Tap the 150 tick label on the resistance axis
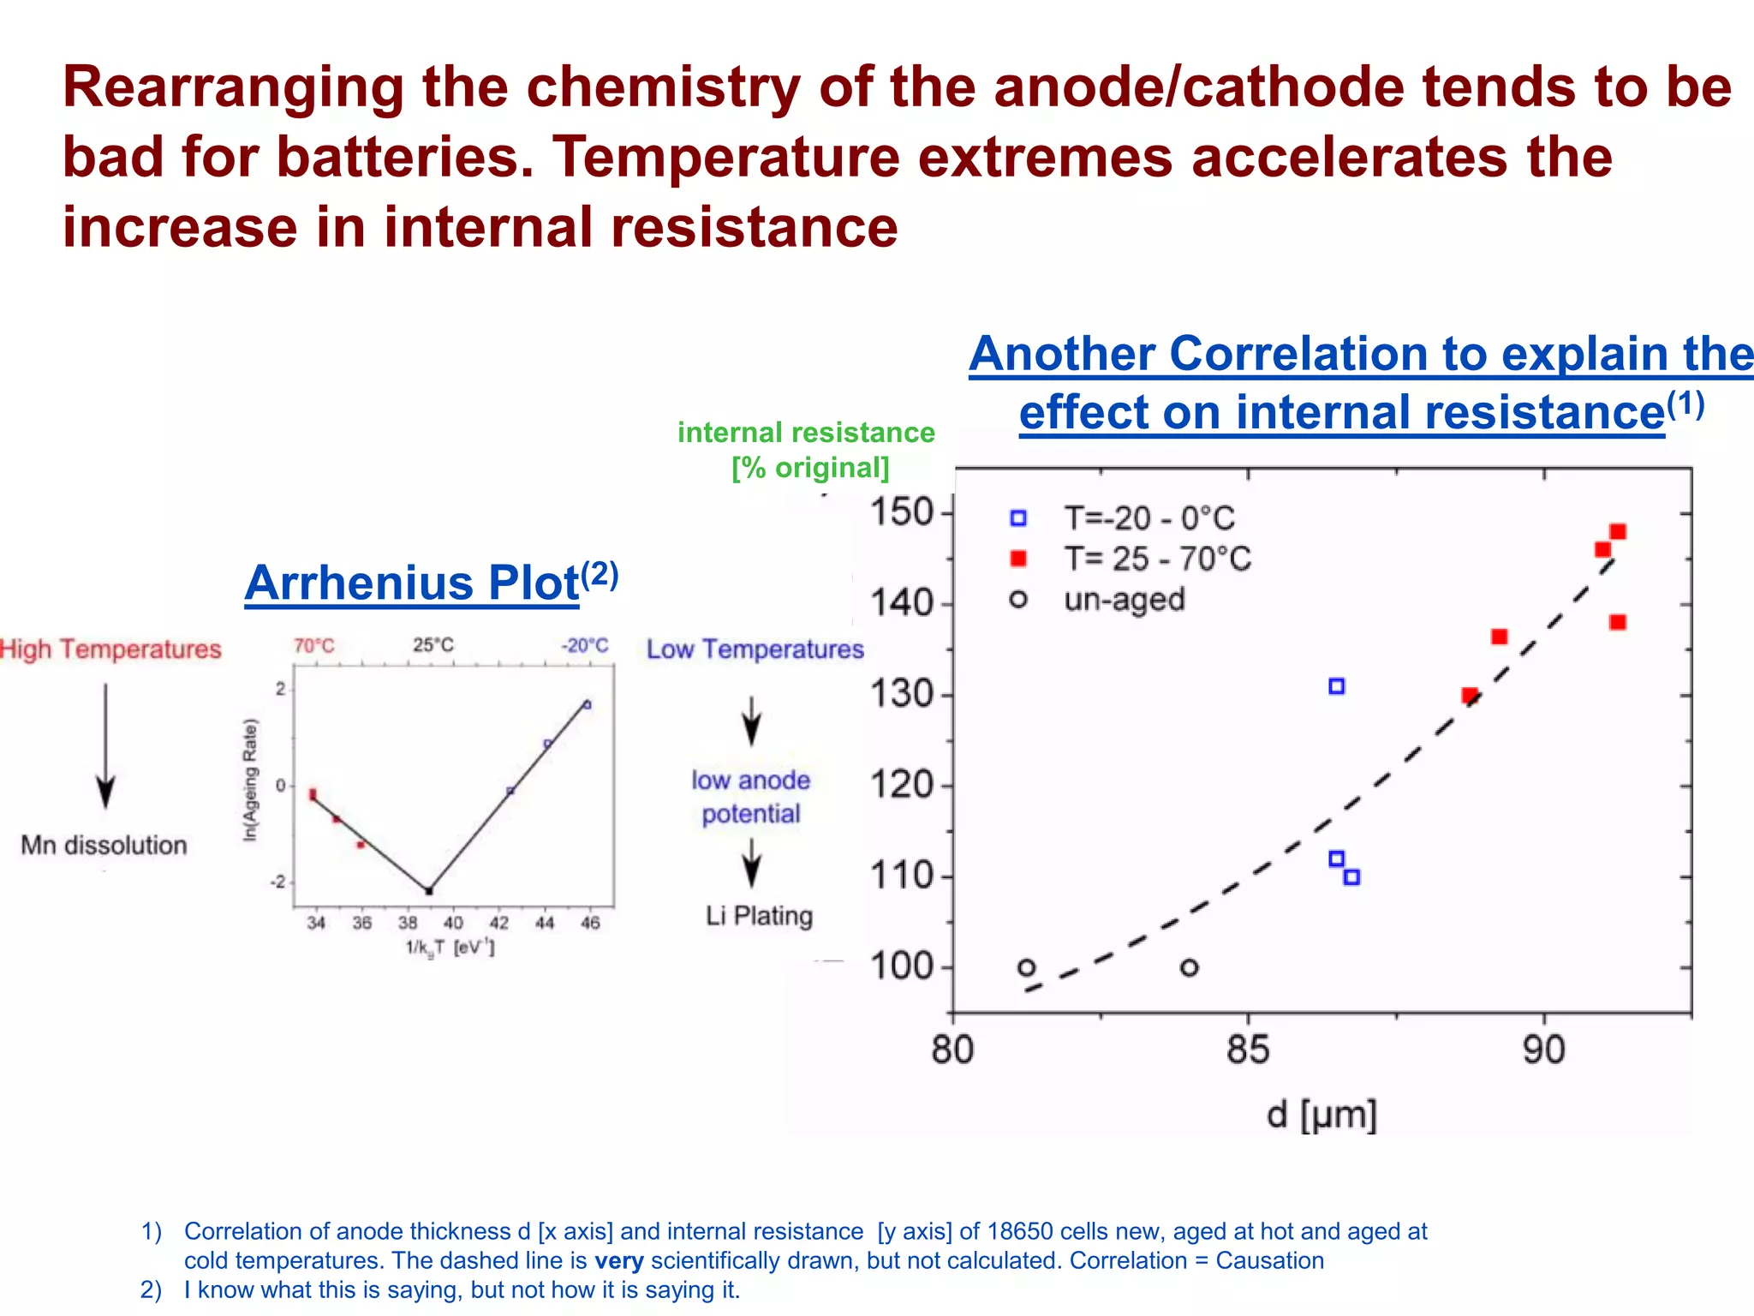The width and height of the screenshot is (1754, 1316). click(901, 512)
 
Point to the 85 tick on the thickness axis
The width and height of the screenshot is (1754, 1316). click(1248, 1049)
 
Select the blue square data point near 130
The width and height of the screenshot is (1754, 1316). click(1336, 686)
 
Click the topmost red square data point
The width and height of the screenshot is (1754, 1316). click(1618, 532)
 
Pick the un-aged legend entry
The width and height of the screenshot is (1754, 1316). click(1124, 600)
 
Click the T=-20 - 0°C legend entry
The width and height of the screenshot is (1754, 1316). click(1148, 518)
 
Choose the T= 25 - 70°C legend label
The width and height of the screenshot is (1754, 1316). click(1157, 559)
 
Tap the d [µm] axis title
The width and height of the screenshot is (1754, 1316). click(1321, 1115)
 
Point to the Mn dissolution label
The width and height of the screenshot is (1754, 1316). click(104, 846)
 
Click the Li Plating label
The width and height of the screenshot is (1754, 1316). click(759, 916)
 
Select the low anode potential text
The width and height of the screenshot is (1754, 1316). click(751, 797)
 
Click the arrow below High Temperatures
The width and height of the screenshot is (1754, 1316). click(105, 745)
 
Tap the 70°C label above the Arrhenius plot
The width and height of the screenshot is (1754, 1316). click(314, 646)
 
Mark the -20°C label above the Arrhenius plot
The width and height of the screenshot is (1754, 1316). click(585, 646)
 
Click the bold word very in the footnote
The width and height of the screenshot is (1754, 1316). click(618, 1261)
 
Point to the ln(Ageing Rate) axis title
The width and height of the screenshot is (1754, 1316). click(250, 780)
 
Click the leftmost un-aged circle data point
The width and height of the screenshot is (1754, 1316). click(1027, 968)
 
